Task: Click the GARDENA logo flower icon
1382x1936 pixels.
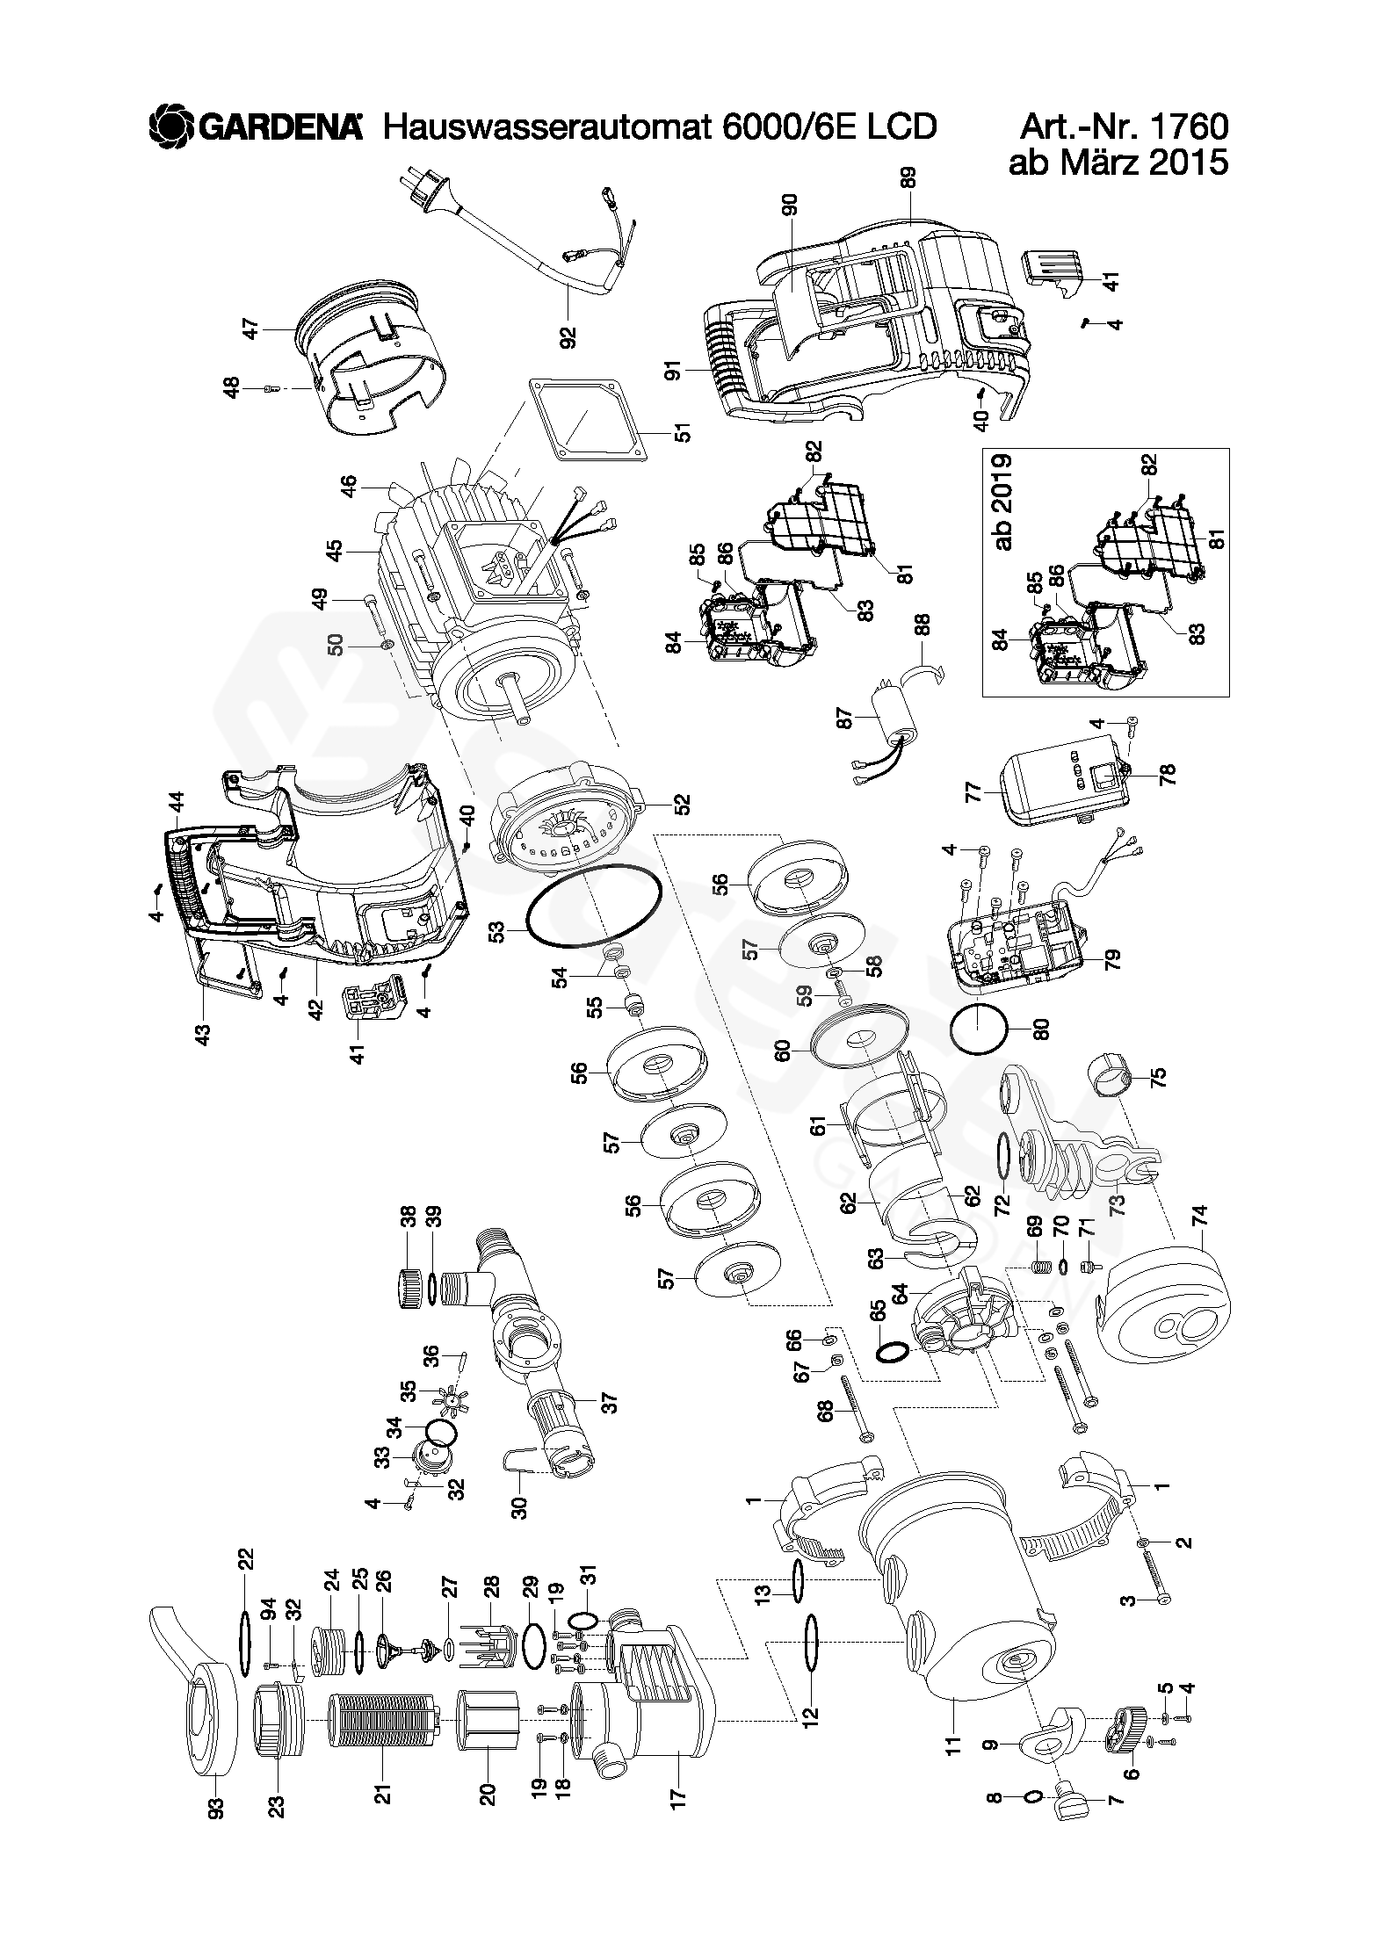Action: pos(170,126)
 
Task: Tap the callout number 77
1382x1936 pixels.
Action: pos(995,793)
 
